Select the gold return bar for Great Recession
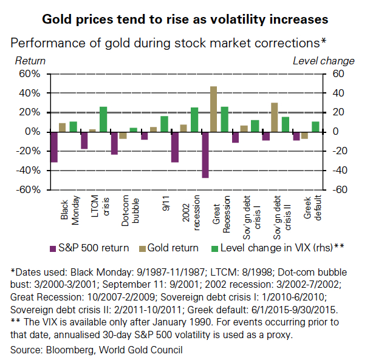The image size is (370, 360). (x=214, y=109)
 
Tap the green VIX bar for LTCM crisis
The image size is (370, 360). (x=103, y=119)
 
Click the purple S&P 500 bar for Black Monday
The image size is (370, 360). (x=54, y=147)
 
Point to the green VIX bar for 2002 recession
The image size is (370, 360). (x=194, y=120)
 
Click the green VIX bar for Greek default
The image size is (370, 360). (x=315, y=126)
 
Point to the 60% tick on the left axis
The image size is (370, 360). (x=29, y=74)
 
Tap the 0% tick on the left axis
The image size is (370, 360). (x=32, y=132)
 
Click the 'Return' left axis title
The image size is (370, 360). (x=29, y=61)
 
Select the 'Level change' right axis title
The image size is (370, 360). (x=323, y=61)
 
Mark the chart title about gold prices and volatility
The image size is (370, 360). (x=185, y=19)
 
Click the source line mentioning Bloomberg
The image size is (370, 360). (x=96, y=350)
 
